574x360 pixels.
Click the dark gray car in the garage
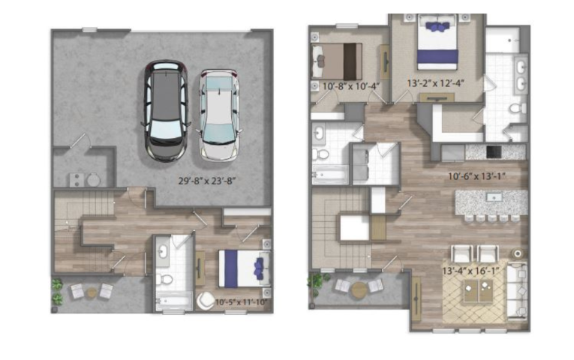pyautogui.click(x=166, y=111)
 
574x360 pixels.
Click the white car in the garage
pyautogui.click(x=220, y=115)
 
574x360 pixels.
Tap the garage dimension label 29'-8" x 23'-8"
pyautogui.click(x=207, y=181)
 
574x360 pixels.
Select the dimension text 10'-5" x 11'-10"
pyautogui.click(x=242, y=302)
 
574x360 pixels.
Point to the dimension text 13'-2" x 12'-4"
pyautogui.click(x=436, y=84)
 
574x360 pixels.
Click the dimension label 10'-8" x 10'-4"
pyautogui.click(x=351, y=87)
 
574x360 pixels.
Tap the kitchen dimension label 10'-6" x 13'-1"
pyautogui.click(x=477, y=177)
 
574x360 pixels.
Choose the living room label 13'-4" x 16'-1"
pyautogui.click(x=471, y=271)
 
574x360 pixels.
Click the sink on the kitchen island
pyautogui.click(x=494, y=197)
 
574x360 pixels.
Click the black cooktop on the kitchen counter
pyautogui.click(x=494, y=151)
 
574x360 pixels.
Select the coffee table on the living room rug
pyautogui.click(x=478, y=291)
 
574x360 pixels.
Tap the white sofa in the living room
pyautogui.click(x=517, y=291)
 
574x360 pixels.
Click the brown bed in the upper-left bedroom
pyautogui.click(x=336, y=61)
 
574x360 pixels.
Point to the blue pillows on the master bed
pyautogui.click(x=437, y=26)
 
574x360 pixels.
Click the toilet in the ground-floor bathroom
pyautogui.click(x=164, y=280)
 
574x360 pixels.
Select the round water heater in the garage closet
pyautogui.click(x=93, y=180)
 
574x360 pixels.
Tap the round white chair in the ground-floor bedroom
pyautogui.click(x=206, y=301)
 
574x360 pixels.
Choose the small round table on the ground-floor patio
pyautogui.click(x=92, y=292)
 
